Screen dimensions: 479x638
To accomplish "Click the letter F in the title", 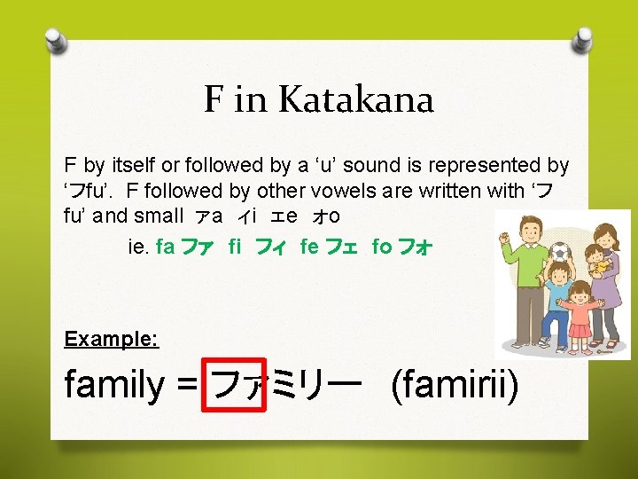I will click(x=214, y=99).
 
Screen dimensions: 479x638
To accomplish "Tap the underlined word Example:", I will click(x=112, y=339).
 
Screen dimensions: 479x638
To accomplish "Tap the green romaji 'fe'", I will click(x=309, y=247).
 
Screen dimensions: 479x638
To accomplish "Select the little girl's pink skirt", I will click(x=580, y=331).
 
